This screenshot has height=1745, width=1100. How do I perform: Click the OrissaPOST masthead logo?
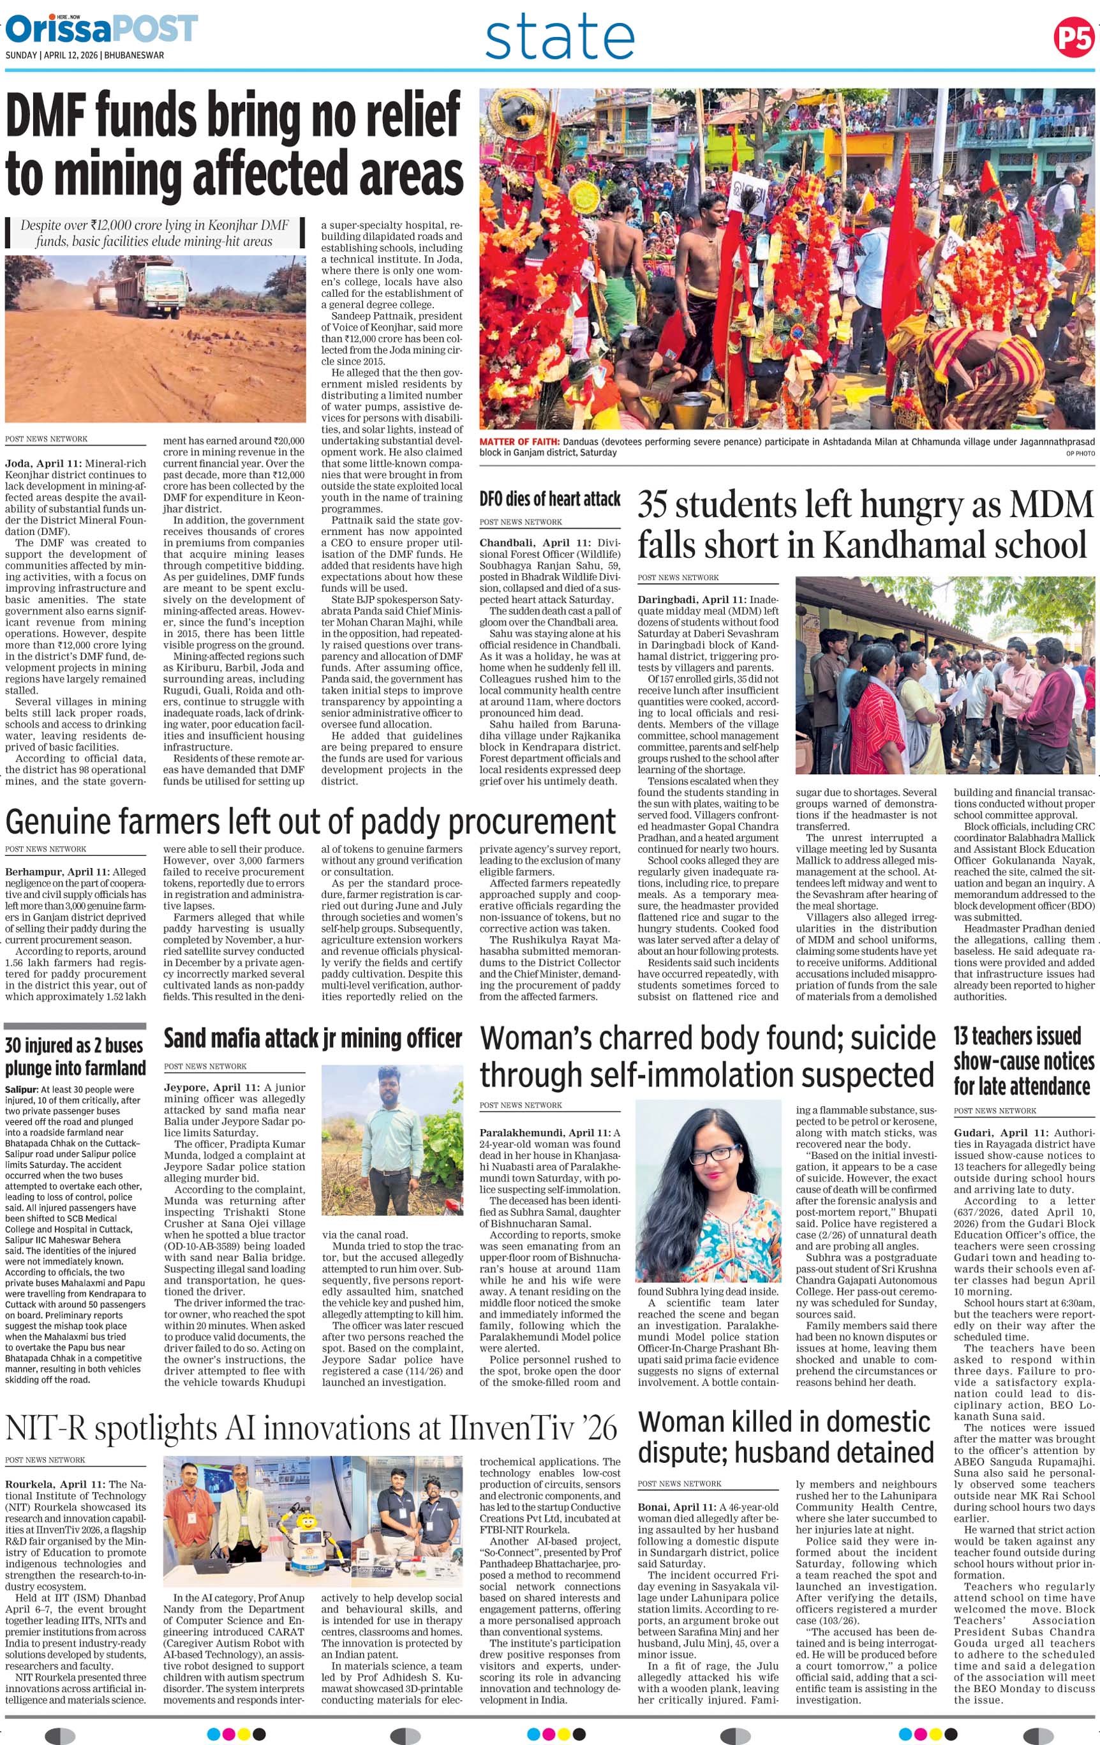point(101,29)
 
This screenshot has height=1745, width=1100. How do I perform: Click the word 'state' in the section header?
point(560,39)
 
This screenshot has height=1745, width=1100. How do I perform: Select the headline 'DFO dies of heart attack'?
point(550,498)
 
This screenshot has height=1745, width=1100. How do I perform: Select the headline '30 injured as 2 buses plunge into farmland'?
point(75,1056)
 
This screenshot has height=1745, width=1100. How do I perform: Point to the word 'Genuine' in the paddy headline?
point(59,822)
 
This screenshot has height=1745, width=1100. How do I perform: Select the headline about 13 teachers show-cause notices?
point(1023,1060)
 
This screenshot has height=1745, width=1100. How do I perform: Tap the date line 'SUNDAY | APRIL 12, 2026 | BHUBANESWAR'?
point(85,55)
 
